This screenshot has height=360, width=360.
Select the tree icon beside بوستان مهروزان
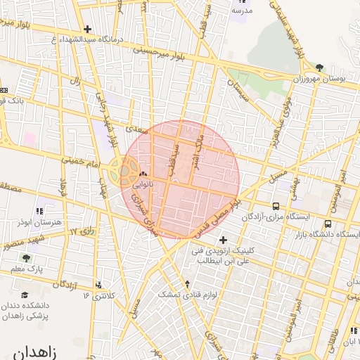320,67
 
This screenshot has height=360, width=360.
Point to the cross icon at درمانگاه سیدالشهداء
86,29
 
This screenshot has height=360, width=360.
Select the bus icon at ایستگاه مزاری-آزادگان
276,207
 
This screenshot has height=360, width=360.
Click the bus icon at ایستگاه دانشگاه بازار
328,224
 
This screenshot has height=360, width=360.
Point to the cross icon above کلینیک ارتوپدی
224,240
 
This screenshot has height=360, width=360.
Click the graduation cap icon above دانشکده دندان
25,295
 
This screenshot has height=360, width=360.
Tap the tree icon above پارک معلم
27,258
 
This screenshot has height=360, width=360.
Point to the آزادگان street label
64,284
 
